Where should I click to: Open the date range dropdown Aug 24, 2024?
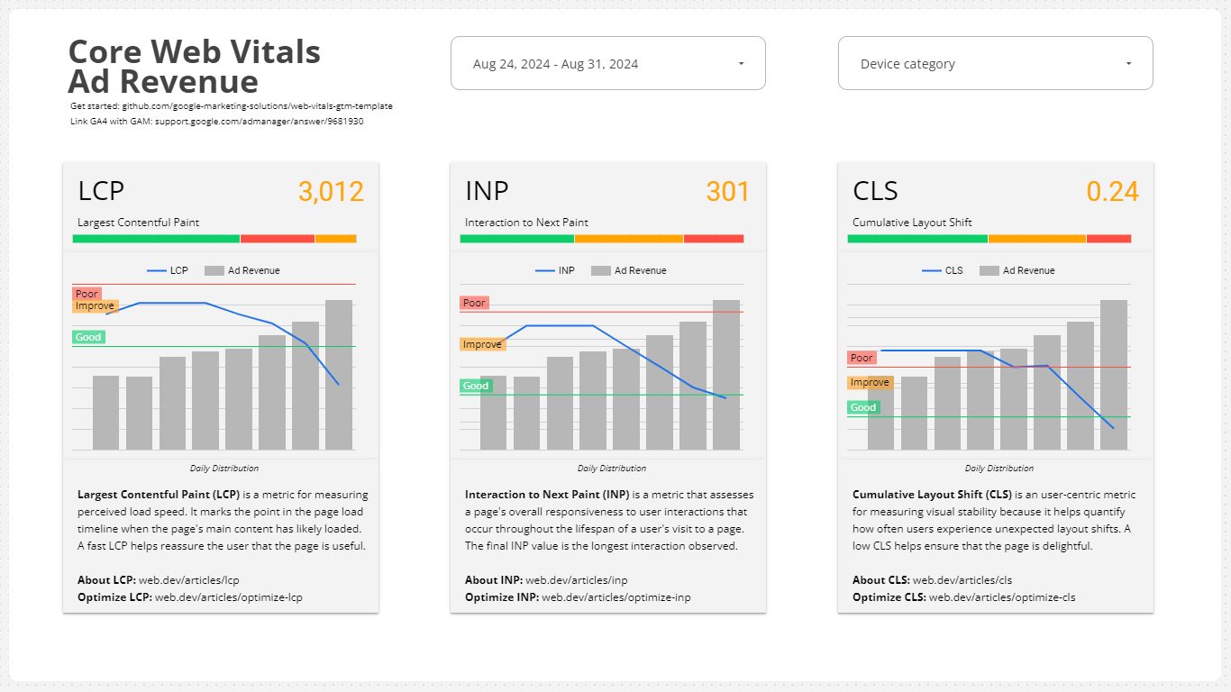point(607,64)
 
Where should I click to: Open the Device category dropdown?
point(995,64)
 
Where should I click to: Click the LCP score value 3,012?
point(331,192)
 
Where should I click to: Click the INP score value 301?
point(727,192)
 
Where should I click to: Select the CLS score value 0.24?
point(1112,192)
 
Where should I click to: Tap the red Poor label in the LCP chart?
point(87,294)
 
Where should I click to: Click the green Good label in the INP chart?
point(476,386)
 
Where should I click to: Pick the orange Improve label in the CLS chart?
point(871,382)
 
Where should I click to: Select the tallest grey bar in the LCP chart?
point(339,375)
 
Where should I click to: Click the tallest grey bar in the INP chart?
point(726,375)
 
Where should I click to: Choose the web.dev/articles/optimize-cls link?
point(1002,597)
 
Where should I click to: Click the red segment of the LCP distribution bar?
point(277,239)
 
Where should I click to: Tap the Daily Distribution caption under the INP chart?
point(611,469)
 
